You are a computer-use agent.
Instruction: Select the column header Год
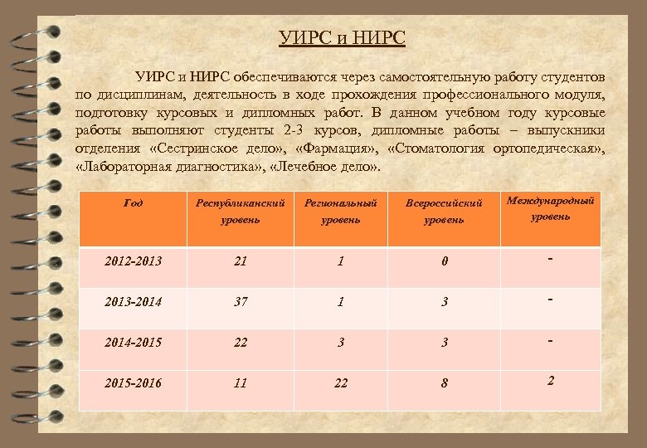point(133,202)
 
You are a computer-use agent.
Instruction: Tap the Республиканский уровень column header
point(241,211)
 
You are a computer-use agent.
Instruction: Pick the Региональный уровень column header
point(341,211)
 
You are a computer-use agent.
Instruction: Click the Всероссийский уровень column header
point(444,211)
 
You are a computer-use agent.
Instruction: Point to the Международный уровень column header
point(551,208)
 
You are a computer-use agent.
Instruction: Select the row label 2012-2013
point(134,261)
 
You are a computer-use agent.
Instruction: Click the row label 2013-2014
point(134,302)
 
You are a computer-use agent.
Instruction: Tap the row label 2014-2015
point(134,343)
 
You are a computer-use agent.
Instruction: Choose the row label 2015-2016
point(134,383)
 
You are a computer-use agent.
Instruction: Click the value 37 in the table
point(241,302)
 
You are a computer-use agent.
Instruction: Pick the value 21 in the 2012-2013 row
point(241,261)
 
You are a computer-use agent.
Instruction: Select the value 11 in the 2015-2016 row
point(241,383)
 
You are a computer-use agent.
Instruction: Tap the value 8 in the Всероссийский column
point(445,383)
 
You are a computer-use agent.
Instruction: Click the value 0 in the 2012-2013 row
point(445,262)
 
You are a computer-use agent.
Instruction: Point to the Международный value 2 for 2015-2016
point(550,380)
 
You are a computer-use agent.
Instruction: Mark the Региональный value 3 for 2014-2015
point(341,343)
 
